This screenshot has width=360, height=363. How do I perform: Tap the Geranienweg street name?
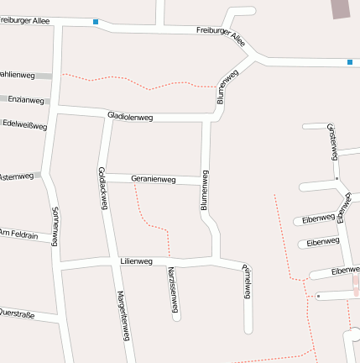[153, 179]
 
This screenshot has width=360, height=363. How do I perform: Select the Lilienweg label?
[136, 261]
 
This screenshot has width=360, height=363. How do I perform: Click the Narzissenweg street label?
[172, 290]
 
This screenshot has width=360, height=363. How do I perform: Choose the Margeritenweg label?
[123, 316]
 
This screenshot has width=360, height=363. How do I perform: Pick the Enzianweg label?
[25, 100]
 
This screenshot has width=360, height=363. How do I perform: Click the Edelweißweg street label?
[24, 125]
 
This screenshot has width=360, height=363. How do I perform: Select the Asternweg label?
[17, 176]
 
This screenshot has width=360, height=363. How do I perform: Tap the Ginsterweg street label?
[333, 140]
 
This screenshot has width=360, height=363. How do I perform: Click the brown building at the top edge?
[341, 8]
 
